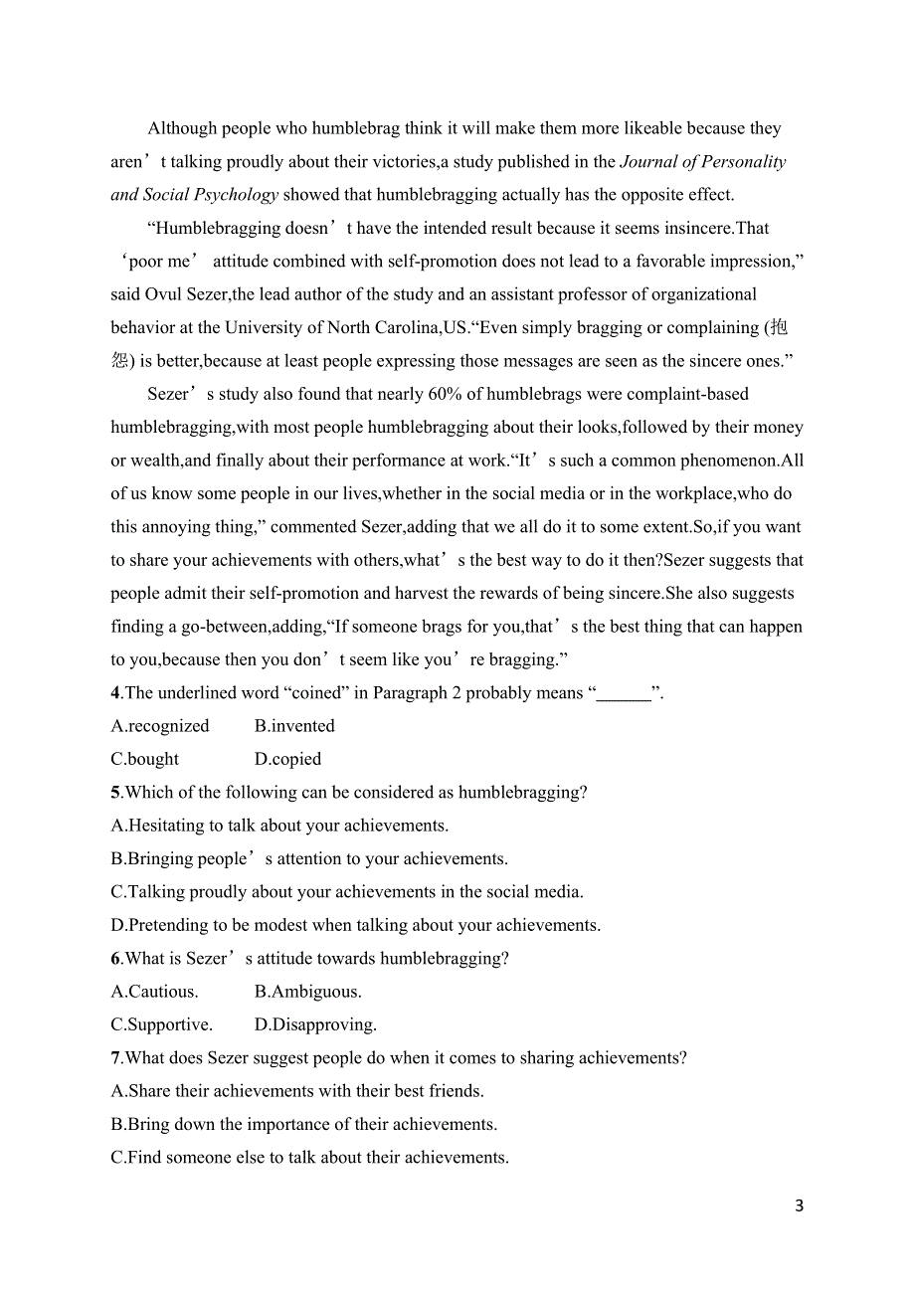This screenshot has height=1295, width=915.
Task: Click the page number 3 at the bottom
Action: pos(800,1206)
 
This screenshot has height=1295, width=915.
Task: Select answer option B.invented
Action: pos(294,726)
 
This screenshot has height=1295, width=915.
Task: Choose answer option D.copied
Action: pos(287,759)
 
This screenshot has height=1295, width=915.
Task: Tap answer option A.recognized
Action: pos(160,726)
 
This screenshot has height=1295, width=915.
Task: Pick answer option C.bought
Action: pos(145,759)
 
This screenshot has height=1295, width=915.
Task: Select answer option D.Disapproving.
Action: pos(315,1024)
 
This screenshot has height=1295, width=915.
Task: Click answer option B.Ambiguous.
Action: pos(308,992)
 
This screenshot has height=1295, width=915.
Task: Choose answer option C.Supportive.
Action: pos(162,1024)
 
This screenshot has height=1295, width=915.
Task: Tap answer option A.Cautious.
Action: pos(155,992)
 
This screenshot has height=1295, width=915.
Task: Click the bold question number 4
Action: pos(115,693)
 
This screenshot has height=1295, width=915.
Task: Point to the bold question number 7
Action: pos(115,1058)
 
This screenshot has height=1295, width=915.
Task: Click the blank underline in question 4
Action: pos(624,693)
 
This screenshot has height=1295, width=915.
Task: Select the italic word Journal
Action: pos(652,162)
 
